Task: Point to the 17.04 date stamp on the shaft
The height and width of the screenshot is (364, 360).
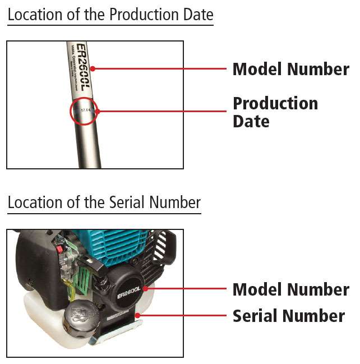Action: (x=85, y=111)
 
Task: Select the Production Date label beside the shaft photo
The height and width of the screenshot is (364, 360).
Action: (x=275, y=112)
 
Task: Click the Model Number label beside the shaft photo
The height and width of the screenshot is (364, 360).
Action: (x=290, y=70)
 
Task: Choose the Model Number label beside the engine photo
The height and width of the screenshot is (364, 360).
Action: (x=290, y=289)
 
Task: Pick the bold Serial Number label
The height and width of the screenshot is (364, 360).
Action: (x=288, y=316)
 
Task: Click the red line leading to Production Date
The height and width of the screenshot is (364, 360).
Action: (x=163, y=111)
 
